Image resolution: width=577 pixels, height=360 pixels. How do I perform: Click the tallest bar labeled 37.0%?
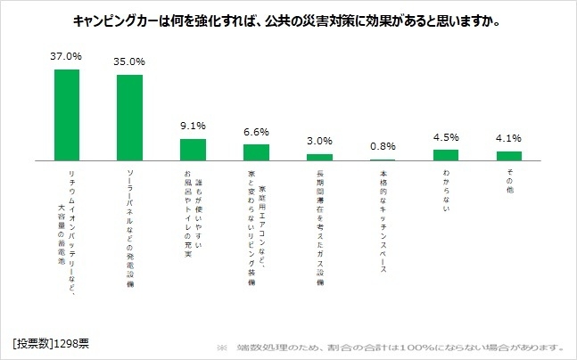click(67, 115)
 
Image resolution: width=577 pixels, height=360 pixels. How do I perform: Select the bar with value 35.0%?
click(130, 118)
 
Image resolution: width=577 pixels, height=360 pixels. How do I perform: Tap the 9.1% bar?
click(193, 150)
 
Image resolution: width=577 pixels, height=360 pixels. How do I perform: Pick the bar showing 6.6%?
click(256, 152)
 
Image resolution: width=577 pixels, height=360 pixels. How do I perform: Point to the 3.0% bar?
click(319, 157)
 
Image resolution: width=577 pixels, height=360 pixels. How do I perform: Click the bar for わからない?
click(445, 155)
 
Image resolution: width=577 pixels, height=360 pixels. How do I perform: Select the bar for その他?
click(508, 156)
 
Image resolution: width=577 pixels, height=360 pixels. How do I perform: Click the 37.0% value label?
click(67, 56)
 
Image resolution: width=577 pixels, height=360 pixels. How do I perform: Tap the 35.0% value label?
click(130, 63)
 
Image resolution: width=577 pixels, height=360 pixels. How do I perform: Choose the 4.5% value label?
click(445, 137)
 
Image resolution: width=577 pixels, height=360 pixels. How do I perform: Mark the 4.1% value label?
click(508, 138)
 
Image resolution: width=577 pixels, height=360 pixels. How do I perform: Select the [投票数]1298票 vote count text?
click(51, 344)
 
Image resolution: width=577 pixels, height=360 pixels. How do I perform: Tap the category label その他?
click(508, 177)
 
